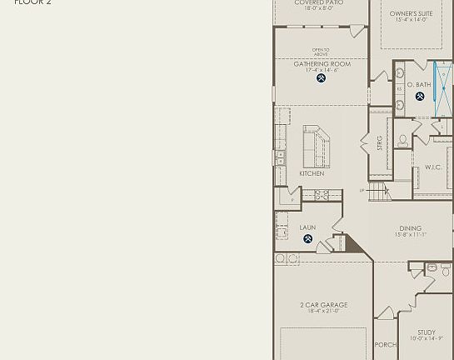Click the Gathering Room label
[x=322, y=64]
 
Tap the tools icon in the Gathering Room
[x=322, y=78]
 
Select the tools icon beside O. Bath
[x=420, y=97]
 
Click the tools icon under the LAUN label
[x=307, y=239]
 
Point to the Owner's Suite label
[x=411, y=14]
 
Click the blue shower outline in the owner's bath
[x=443, y=88]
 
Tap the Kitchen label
[x=312, y=174]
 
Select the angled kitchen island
[x=316, y=147]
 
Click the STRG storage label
[x=380, y=142]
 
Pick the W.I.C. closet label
[x=433, y=167]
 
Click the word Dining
[x=410, y=228]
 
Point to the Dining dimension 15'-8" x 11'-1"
[x=410, y=235]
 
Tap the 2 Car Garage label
[x=324, y=305]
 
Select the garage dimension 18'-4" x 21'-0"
[x=324, y=312]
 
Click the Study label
[x=427, y=332]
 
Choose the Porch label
[x=385, y=345]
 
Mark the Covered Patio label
[x=318, y=2]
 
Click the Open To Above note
[x=321, y=52]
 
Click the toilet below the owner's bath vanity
[x=404, y=141]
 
